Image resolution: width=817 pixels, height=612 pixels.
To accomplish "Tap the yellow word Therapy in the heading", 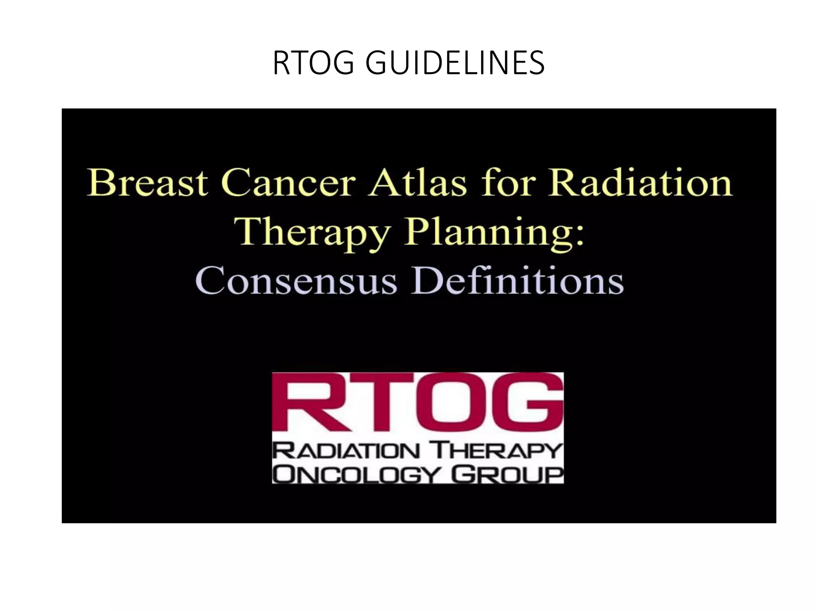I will coord(312,233).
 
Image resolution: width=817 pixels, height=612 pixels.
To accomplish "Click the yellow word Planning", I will coord(489,233).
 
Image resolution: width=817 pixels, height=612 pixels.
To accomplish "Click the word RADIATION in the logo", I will coord(346,451).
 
